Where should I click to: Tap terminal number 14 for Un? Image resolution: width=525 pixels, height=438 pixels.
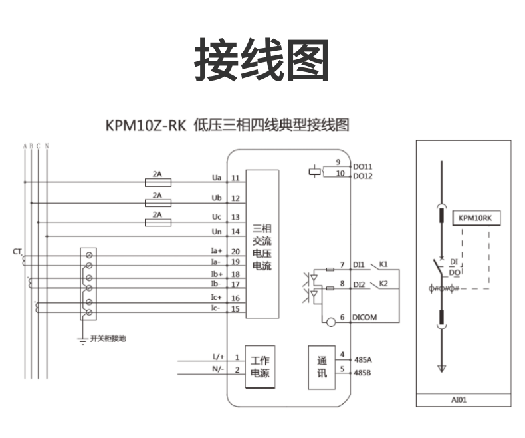(x=235, y=232)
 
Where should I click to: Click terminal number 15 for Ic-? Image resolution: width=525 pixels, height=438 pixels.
(x=235, y=308)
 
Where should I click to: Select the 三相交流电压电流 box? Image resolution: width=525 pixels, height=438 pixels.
(x=262, y=244)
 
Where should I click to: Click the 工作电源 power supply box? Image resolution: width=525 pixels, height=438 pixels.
(x=260, y=366)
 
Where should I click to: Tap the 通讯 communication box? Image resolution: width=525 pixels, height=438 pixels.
(x=321, y=366)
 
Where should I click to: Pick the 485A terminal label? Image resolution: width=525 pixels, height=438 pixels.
(x=363, y=359)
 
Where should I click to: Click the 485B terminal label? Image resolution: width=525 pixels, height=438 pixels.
(x=363, y=372)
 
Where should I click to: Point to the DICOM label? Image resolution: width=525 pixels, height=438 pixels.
(x=364, y=318)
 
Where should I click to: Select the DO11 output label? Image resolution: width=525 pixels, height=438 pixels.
(x=363, y=165)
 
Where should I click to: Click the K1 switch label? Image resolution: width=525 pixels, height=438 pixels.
(x=383, y=264)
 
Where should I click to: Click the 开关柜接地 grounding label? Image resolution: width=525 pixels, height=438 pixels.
(x=108, y=339)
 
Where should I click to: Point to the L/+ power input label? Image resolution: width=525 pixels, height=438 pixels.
(x=218, y=357)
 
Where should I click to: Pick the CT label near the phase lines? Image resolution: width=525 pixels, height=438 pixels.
(x=17, y=252)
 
